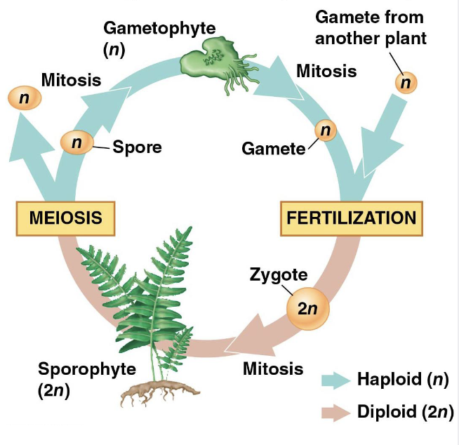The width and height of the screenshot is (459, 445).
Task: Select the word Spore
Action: [138, 147]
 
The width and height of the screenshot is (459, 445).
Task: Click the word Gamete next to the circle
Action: [274, 149]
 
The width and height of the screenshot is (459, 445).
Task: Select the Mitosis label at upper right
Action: [326, 71]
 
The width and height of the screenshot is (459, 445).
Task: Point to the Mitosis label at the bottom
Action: [273, 368]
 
